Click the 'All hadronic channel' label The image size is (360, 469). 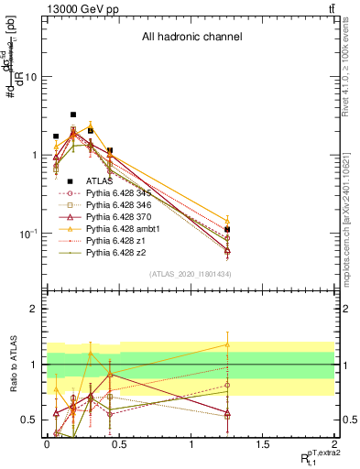point(191,38)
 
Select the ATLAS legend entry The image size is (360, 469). point(101,181)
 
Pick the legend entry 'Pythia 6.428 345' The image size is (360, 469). point(119,193)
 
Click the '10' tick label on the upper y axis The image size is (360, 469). point(30,77)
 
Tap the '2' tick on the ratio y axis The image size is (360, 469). point(33,310)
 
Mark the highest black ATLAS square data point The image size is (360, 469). point(73,115)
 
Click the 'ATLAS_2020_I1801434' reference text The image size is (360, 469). point(191,275)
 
